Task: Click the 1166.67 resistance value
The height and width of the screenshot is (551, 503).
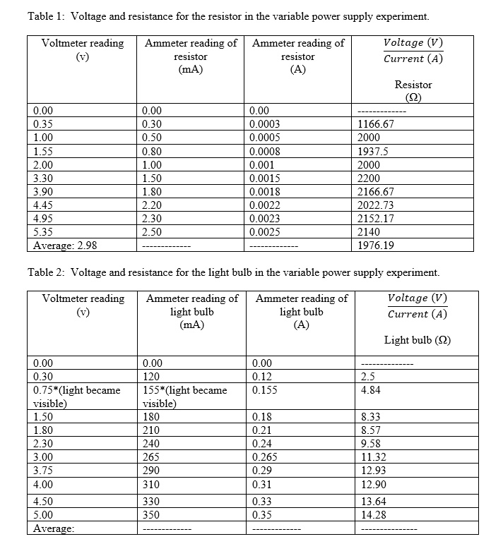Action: [376, 123]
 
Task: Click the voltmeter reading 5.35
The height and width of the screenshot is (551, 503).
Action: [44, 231]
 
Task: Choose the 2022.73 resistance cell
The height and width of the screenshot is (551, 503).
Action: [376, 205]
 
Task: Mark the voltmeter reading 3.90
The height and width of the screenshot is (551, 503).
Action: [44, 191]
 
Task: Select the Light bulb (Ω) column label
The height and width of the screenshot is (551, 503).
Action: [418, 340]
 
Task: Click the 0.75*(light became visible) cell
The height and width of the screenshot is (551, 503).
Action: [77, 396]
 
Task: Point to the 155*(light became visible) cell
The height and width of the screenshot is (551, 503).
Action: [184, 396]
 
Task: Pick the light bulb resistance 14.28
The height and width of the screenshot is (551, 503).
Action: [372, 514]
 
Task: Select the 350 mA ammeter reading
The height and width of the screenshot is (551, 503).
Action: [150, 514]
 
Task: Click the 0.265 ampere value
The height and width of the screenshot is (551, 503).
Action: [266, 457]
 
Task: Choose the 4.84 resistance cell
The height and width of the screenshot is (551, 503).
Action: [369, 390]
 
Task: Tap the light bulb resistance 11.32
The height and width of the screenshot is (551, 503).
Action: [372, 457]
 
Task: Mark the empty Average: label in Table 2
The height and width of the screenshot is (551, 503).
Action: [54, 529]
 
